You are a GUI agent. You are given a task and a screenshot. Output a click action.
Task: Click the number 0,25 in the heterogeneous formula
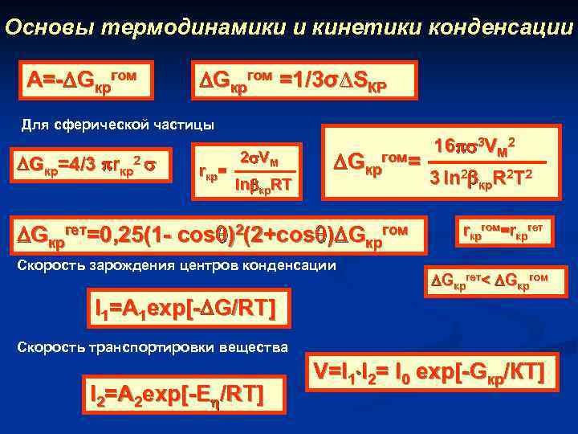click(x=112, y=235)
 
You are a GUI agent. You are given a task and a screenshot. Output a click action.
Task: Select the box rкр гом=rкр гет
click(x=505, y=231)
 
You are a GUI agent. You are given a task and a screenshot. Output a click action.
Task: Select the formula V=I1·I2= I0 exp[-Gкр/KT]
click(x=430, y=371)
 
